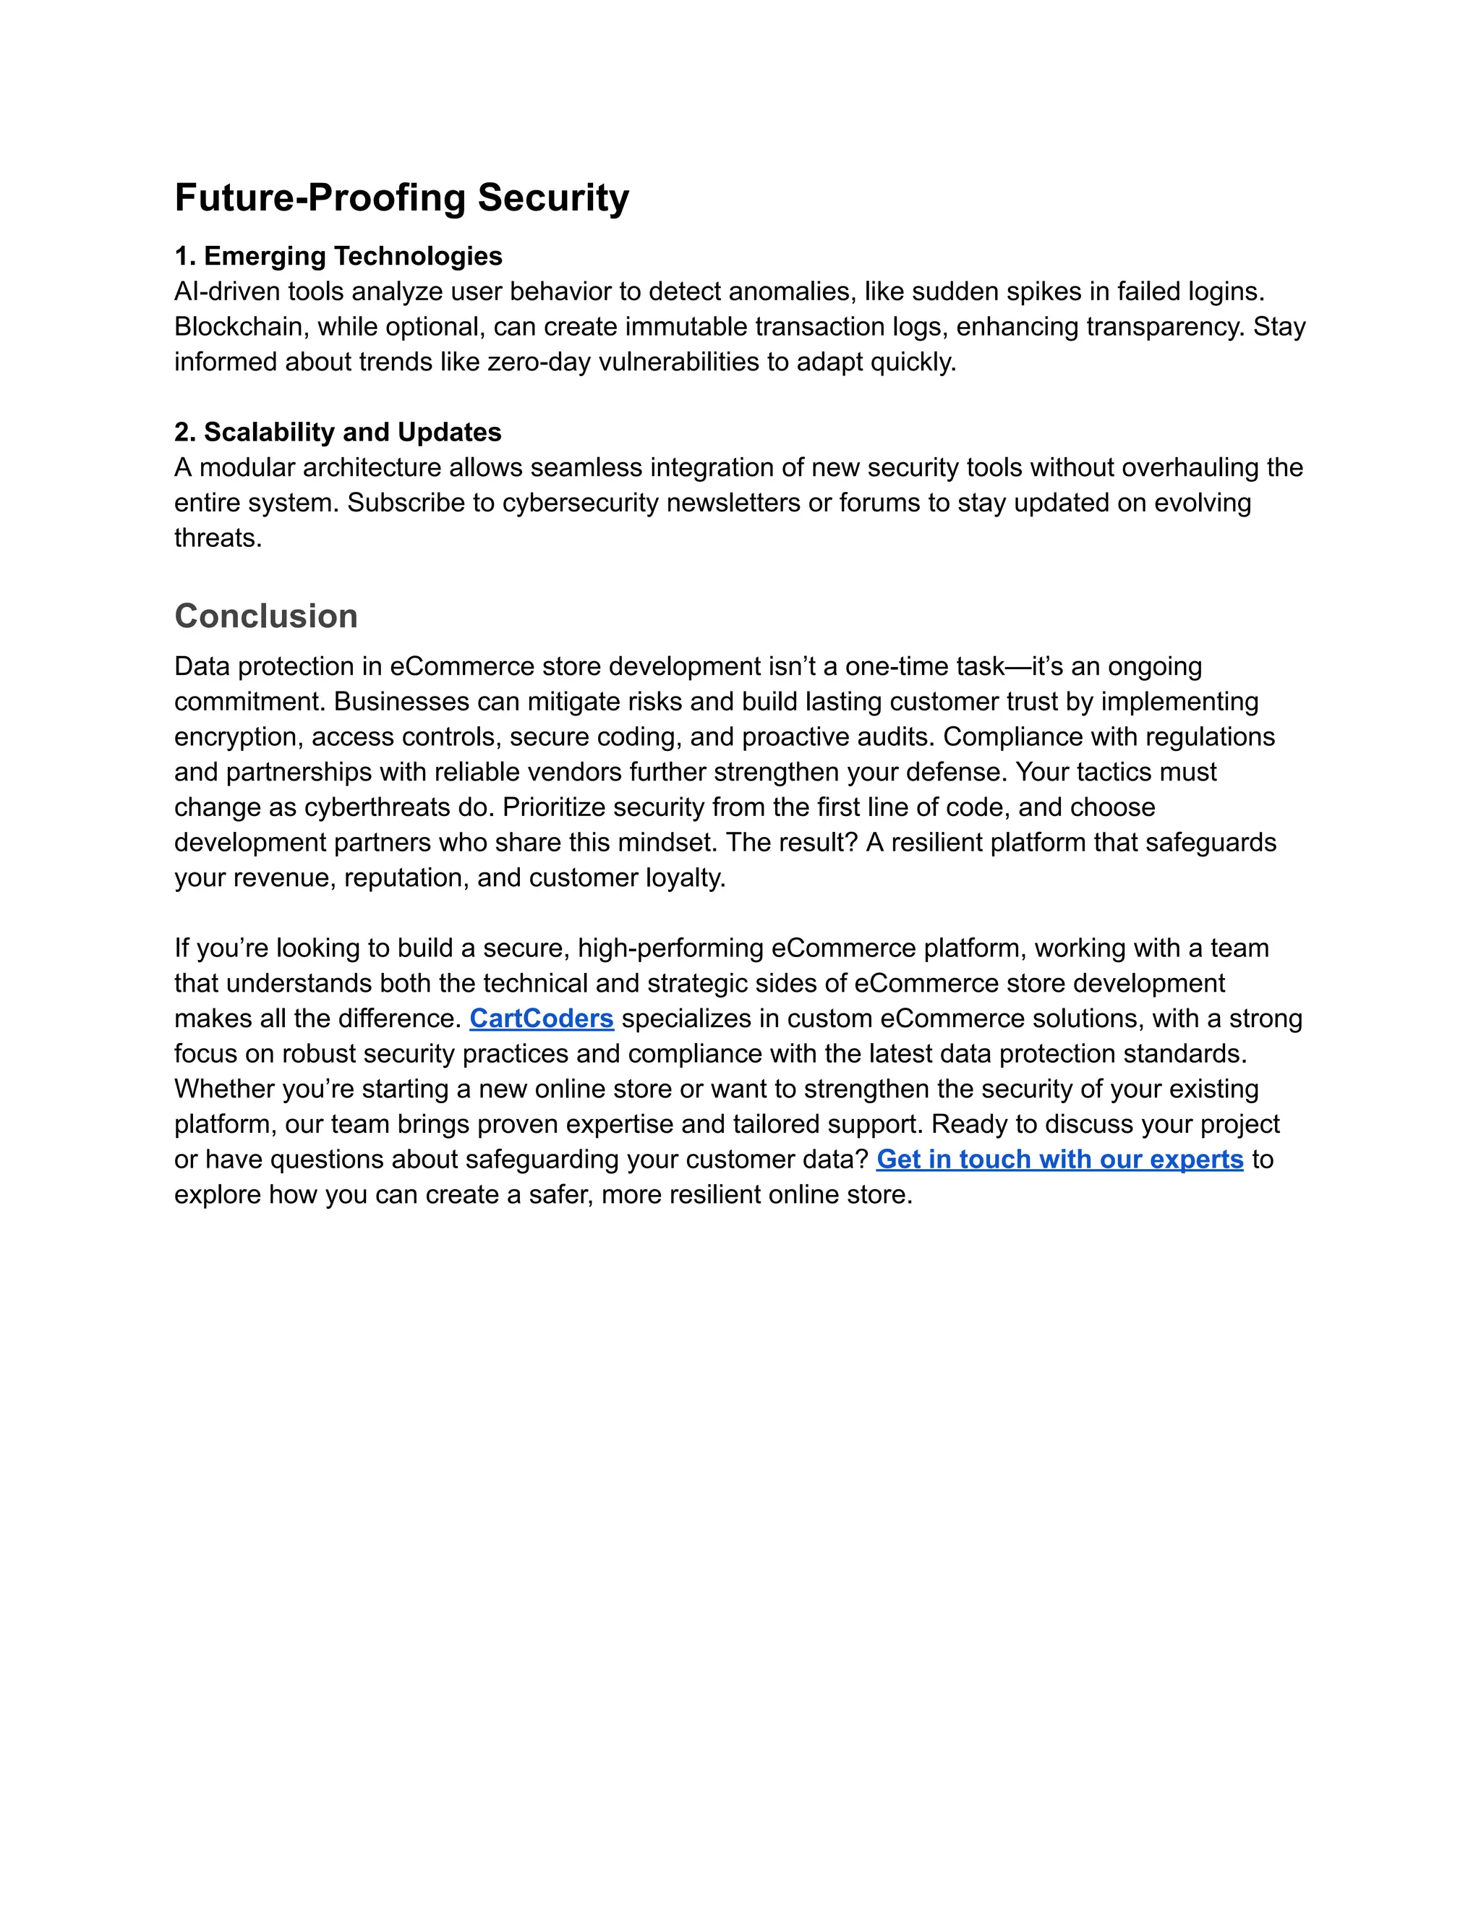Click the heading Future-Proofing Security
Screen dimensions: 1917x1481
point(402,197)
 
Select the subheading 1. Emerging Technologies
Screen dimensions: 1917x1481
point(338,256)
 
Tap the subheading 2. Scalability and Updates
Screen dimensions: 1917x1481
point(338,432)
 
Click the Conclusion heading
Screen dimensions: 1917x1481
point(266,616)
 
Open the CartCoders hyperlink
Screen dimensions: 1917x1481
point(542,1019)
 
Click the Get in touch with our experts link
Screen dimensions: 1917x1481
point(1060,1160)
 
